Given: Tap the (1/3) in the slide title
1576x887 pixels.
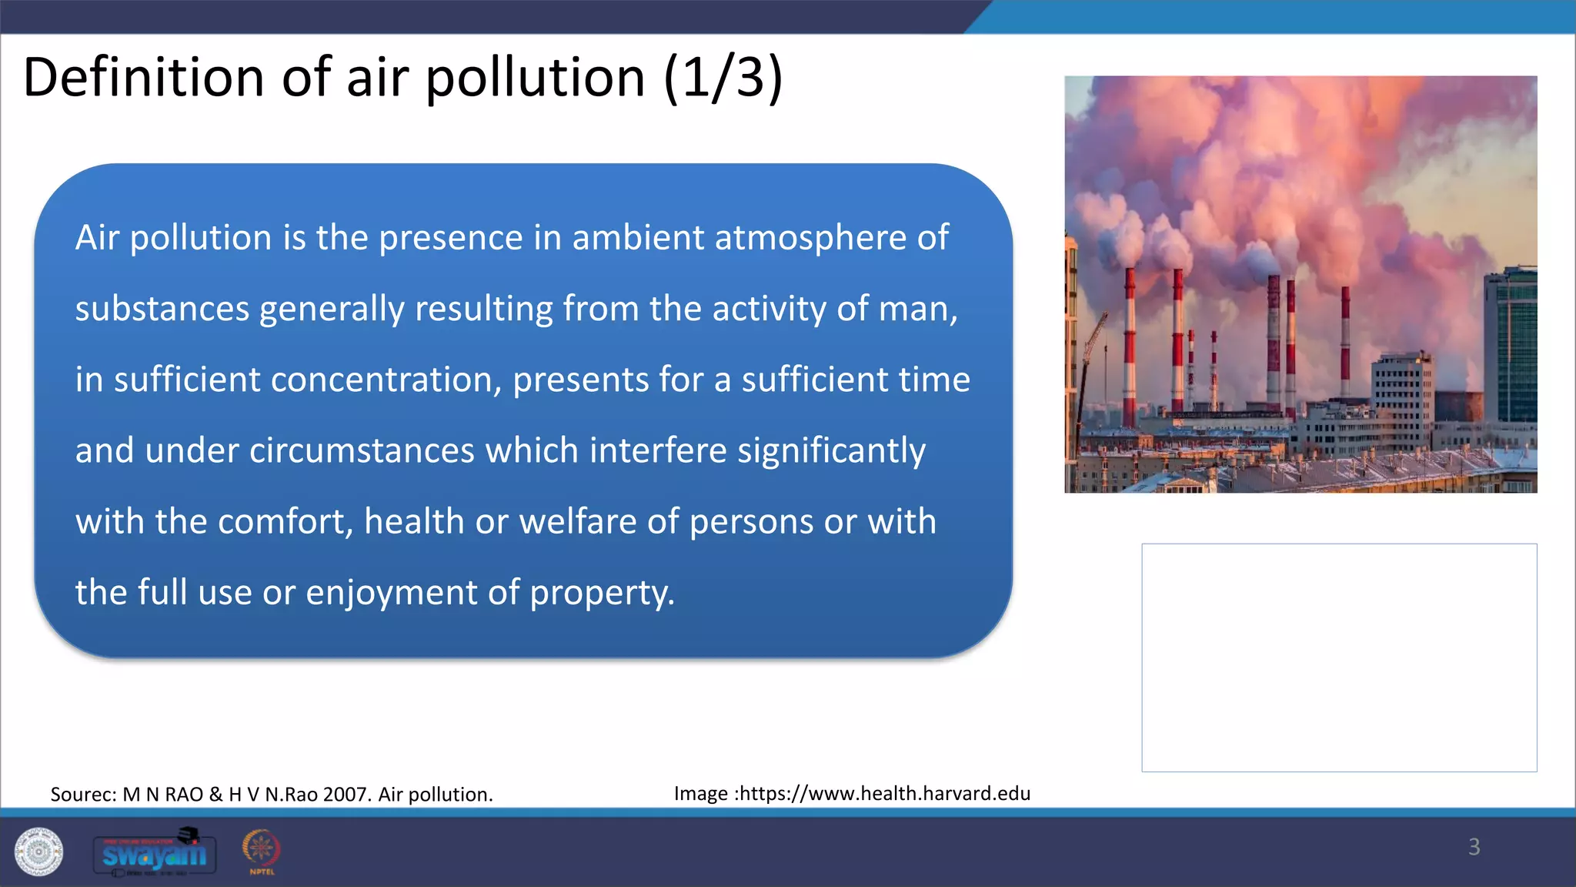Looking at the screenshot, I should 723,78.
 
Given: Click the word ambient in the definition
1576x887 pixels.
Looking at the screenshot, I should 638,238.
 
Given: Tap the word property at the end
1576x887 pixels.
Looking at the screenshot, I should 601,594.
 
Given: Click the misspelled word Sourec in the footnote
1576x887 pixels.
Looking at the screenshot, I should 83,795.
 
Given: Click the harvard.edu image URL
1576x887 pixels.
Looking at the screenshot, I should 882,794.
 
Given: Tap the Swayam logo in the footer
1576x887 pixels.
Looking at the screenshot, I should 155,853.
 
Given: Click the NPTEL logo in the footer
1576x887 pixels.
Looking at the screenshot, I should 262,851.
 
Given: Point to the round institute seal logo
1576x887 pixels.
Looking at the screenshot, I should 38,852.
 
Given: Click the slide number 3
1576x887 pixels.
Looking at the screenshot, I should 1474,847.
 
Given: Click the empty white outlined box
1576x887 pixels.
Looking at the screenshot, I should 1339,658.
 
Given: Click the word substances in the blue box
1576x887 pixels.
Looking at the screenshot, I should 162,310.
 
